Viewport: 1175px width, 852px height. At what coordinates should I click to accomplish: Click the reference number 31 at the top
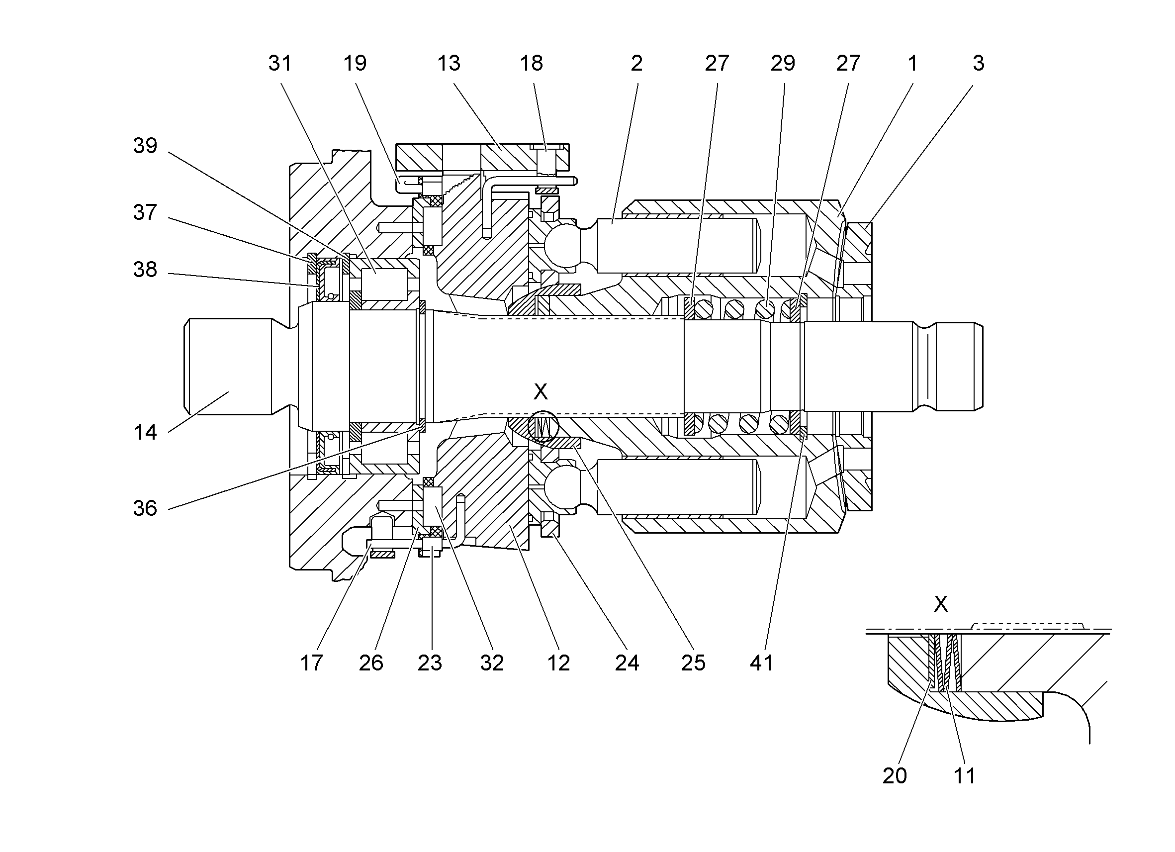pos(280,63)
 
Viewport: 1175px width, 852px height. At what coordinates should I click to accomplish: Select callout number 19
pos(355,63)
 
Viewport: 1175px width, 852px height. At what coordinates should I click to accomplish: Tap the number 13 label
pos(448,63)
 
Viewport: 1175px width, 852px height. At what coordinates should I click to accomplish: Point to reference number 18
pos(531,63)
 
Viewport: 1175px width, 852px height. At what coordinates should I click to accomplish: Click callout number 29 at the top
pos(782,63)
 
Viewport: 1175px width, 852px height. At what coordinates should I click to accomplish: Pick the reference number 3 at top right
pos(978,63)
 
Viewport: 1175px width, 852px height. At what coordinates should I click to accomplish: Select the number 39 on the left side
pos(145,146)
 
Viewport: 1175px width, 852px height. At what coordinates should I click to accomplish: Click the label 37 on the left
pos(145,212)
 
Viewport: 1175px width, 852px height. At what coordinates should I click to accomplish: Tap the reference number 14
pos(145,432)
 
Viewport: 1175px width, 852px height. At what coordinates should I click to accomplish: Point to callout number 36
pos(145,508)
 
